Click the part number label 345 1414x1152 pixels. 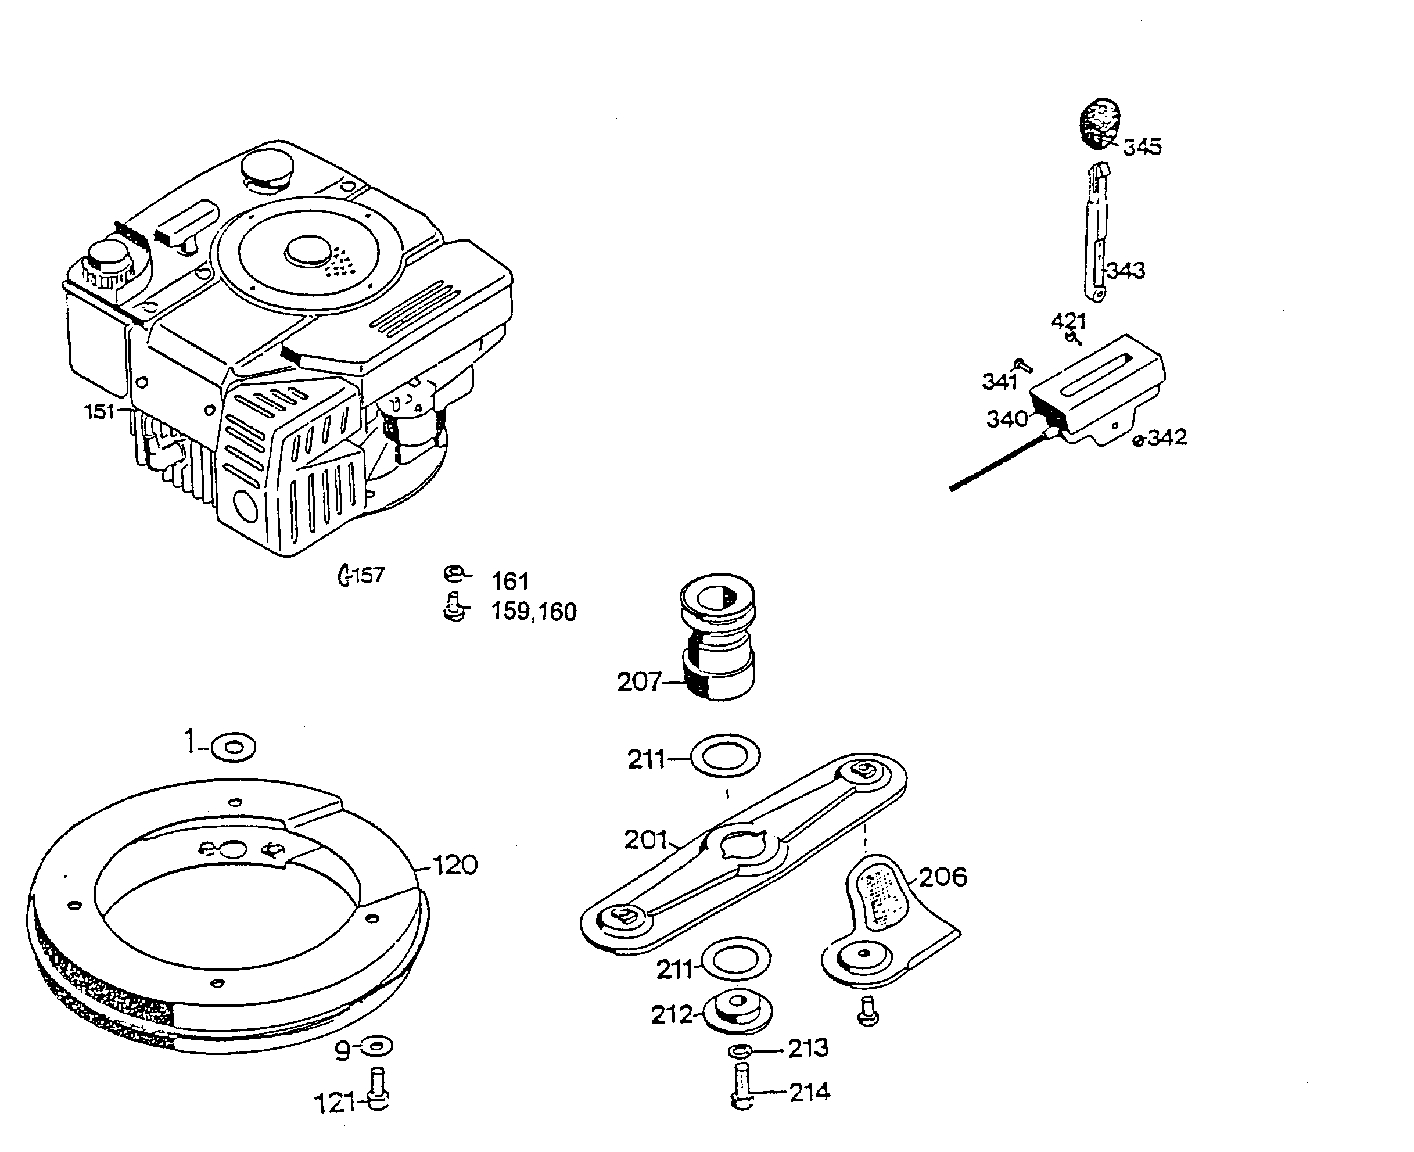pyautogui.click(x=1142, y=146)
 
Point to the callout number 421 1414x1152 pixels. pyautogui.click(x=1068, y=321)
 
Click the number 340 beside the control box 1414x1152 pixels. pyautogui.click(x=1007, y=419)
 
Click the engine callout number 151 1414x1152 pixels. pyautogui.click(x=99, y=411)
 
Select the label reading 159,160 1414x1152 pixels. pyautogui.click(x=533, y=612)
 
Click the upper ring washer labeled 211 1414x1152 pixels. pyautogui.click(x=725, y=755)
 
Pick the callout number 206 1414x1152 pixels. pyautogui.click(x=943, y=877)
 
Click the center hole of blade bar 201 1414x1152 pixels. pyautogui.click(x=743, y=848)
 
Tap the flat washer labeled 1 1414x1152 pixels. pyautogui.click(x=233, y=748)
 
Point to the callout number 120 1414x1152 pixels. pyautogui.click(x=455, y=866)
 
